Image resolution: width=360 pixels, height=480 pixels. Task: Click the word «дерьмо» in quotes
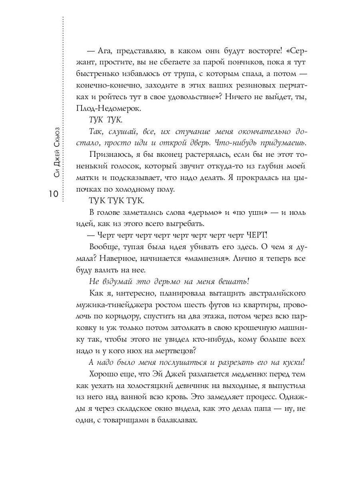[x=203, y=213]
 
